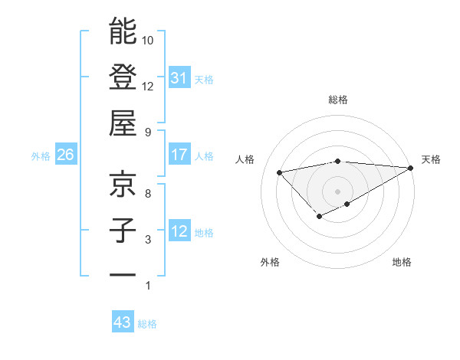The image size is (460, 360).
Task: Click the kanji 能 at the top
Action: pyautogui.click(x=123, y=31)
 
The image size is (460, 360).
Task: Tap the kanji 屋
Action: pyautogui.click(x=123, y=123)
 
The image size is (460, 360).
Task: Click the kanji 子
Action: pyautogui.click(x=123, y=231)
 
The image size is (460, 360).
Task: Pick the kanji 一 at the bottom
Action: pyautogui.click(x=123, y=274)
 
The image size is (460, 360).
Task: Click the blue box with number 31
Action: pyautogui.click(x=179, y=77)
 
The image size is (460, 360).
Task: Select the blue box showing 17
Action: pyautogui.click(x=179, y=155)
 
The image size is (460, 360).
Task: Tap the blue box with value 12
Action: pyautogui.click(x=179, y=231)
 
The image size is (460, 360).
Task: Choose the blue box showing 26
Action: pyautogui.click(x=65, y=155)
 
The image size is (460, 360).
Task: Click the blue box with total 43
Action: pyautogui.click(x=123, y=322)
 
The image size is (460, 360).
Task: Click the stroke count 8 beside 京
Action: pyautogui.click(x=148, y=194)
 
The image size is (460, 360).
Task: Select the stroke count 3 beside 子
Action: pyautogui.click(x=148, y=240)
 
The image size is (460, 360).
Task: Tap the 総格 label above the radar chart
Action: pyautogui.click(x=337, y=100)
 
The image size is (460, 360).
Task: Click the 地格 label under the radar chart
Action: pyautogui.click(x=402, y=263)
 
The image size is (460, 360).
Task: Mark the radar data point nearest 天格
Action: pyautogui.click(x=411, y=168)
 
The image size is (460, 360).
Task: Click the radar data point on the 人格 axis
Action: pyautogui.click(x=279, y=172)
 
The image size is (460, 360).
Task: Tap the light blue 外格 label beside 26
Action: pyautogui.click(x=41, y=155)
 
